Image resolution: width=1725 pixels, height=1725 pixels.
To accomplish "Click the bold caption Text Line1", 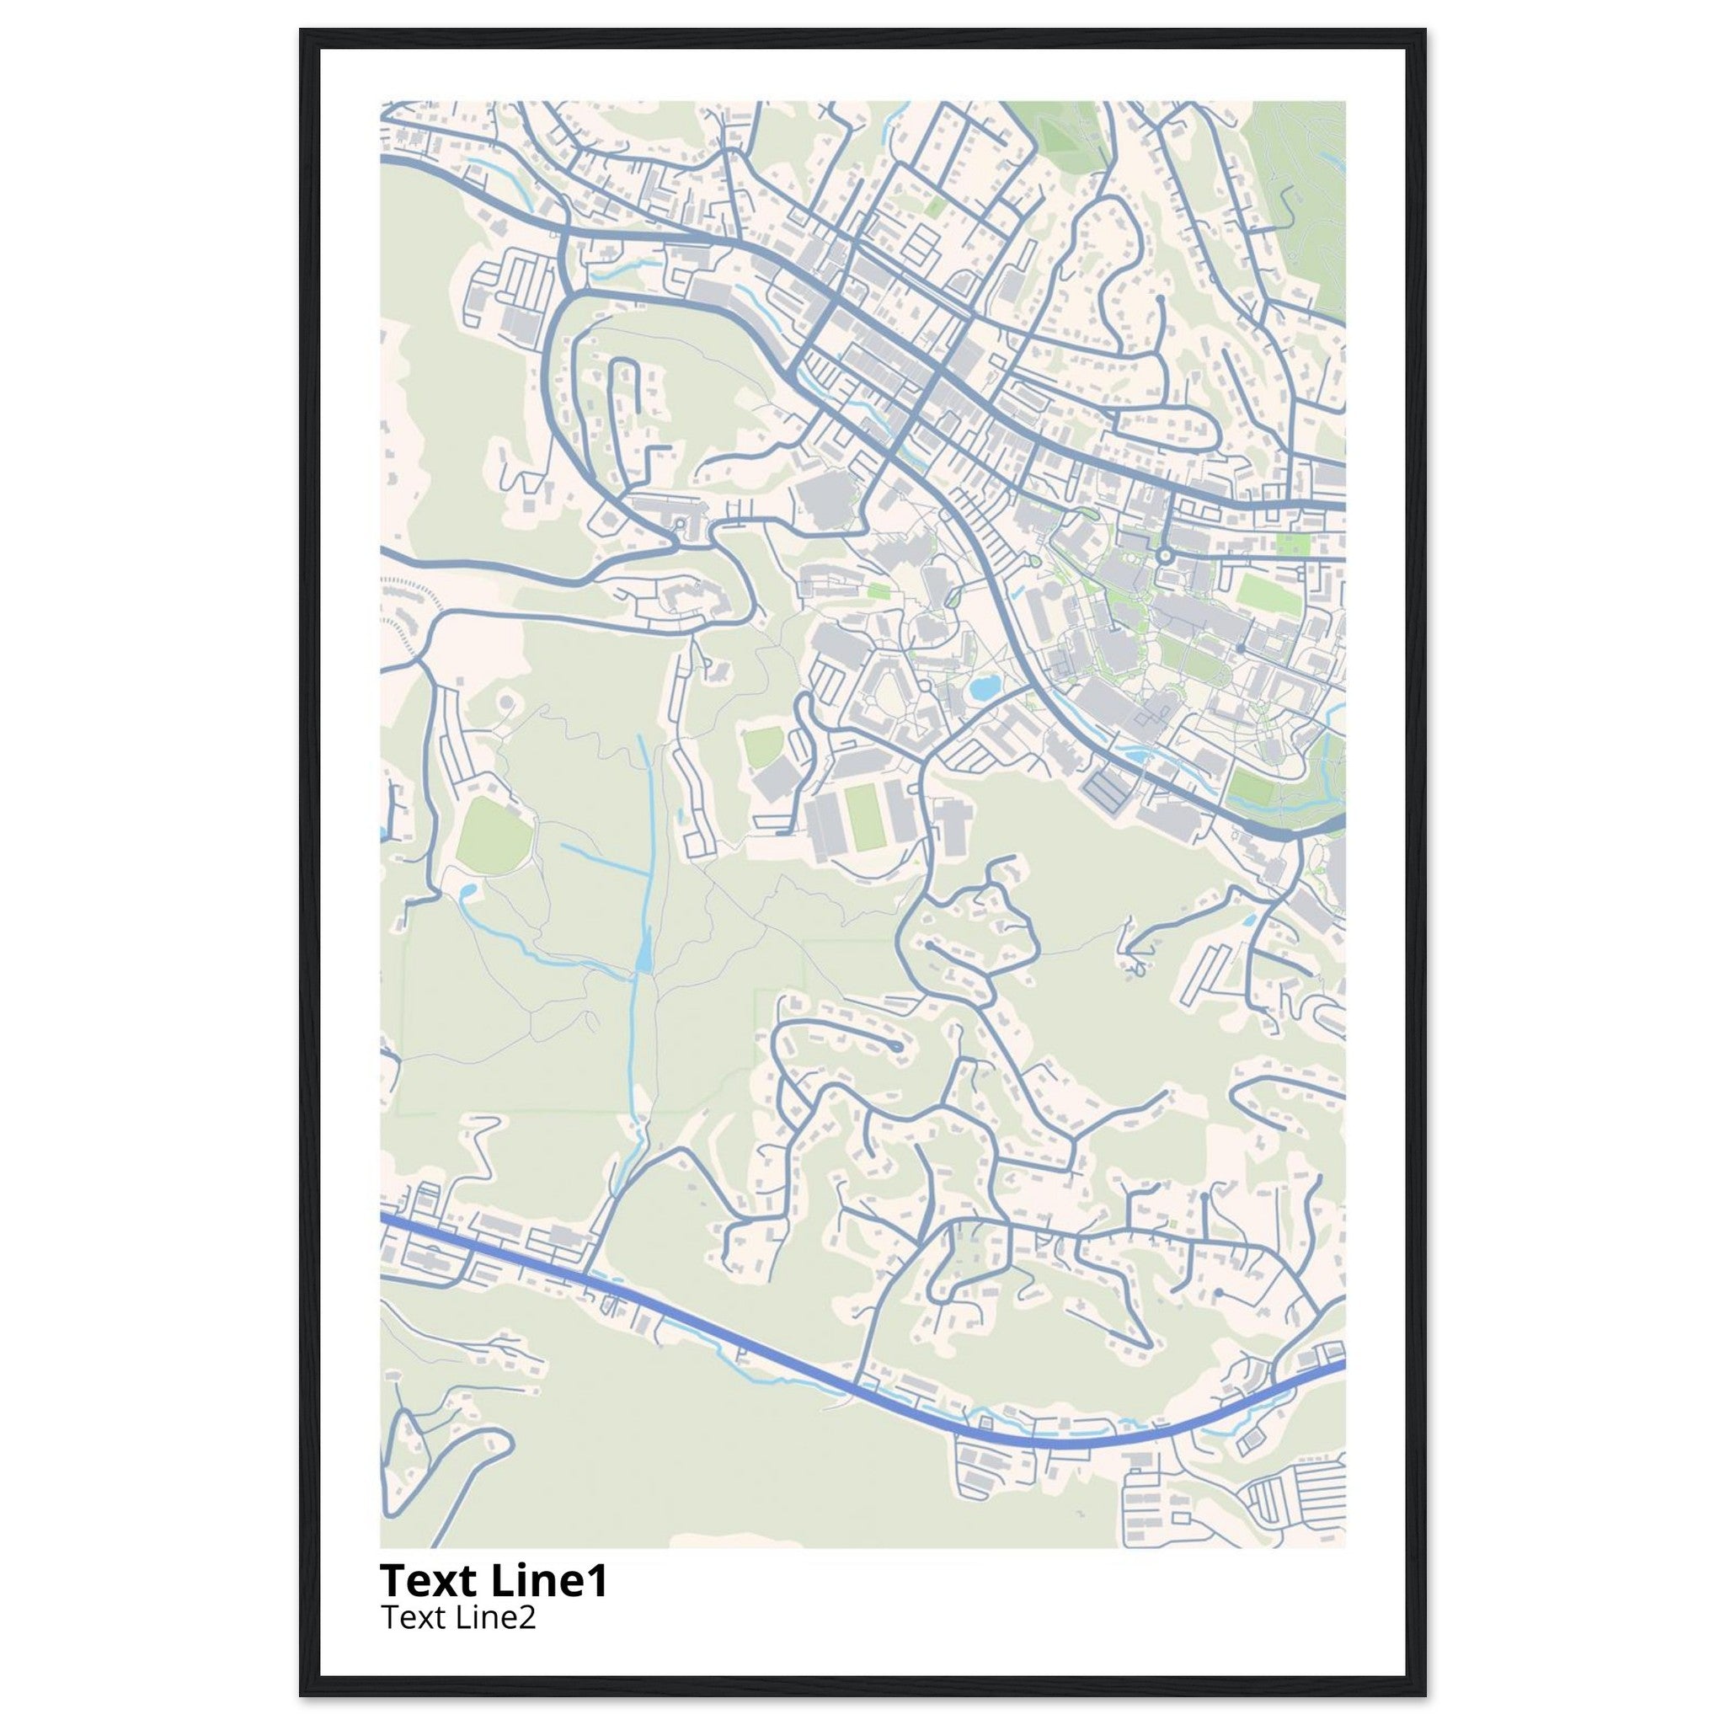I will (x=494, y=1579).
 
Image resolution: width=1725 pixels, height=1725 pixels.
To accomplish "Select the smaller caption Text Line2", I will (x=459, y=1617).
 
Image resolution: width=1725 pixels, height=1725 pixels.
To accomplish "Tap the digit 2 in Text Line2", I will (x=529, y=1617).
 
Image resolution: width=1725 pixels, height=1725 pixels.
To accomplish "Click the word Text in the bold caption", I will (x=428, y=1579).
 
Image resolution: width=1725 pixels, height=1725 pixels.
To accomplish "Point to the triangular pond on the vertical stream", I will (x=644, y=953).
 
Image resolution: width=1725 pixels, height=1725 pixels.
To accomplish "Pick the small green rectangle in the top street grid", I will (x=935, y=206).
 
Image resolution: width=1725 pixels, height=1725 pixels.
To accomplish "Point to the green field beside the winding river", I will (x=1250, y=786).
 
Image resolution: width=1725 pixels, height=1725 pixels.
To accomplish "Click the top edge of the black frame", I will (x=862, y=38).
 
